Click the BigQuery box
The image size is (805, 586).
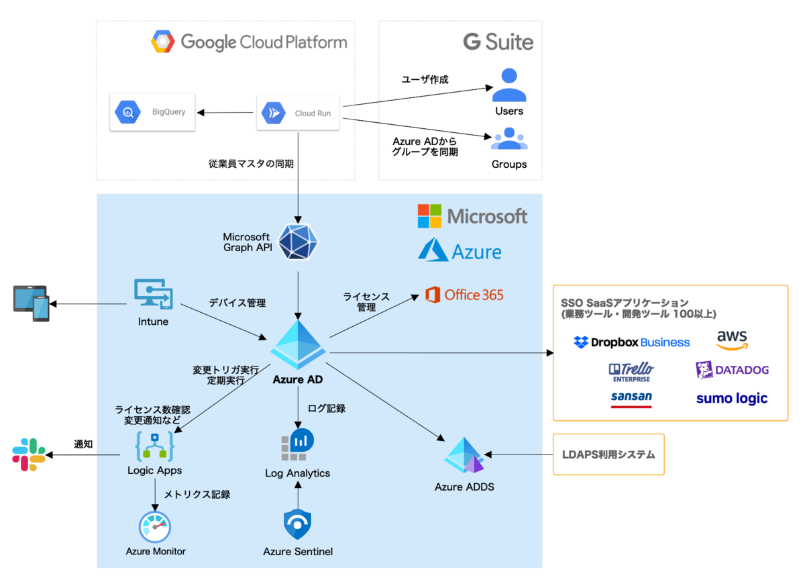coord(152,112)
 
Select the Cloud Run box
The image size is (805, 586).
coord(298,112)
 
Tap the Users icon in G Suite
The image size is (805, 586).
coord(508,85)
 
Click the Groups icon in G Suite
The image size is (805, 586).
coord(509,139)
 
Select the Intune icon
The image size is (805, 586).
coord(154,295)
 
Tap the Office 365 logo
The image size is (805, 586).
coord(464,295)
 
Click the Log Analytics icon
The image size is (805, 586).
coord(298,444)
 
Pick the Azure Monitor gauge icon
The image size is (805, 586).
coord(156,526)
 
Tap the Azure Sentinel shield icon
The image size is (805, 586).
coord(298,525)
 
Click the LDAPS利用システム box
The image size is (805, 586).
coord(608,454)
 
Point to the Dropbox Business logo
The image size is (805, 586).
coord(631,342)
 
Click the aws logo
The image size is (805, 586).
coord(732,340)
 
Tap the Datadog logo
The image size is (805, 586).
coord(732,370)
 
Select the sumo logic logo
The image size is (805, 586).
coord(732,399)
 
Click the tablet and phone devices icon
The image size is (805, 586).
coord(31,303)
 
